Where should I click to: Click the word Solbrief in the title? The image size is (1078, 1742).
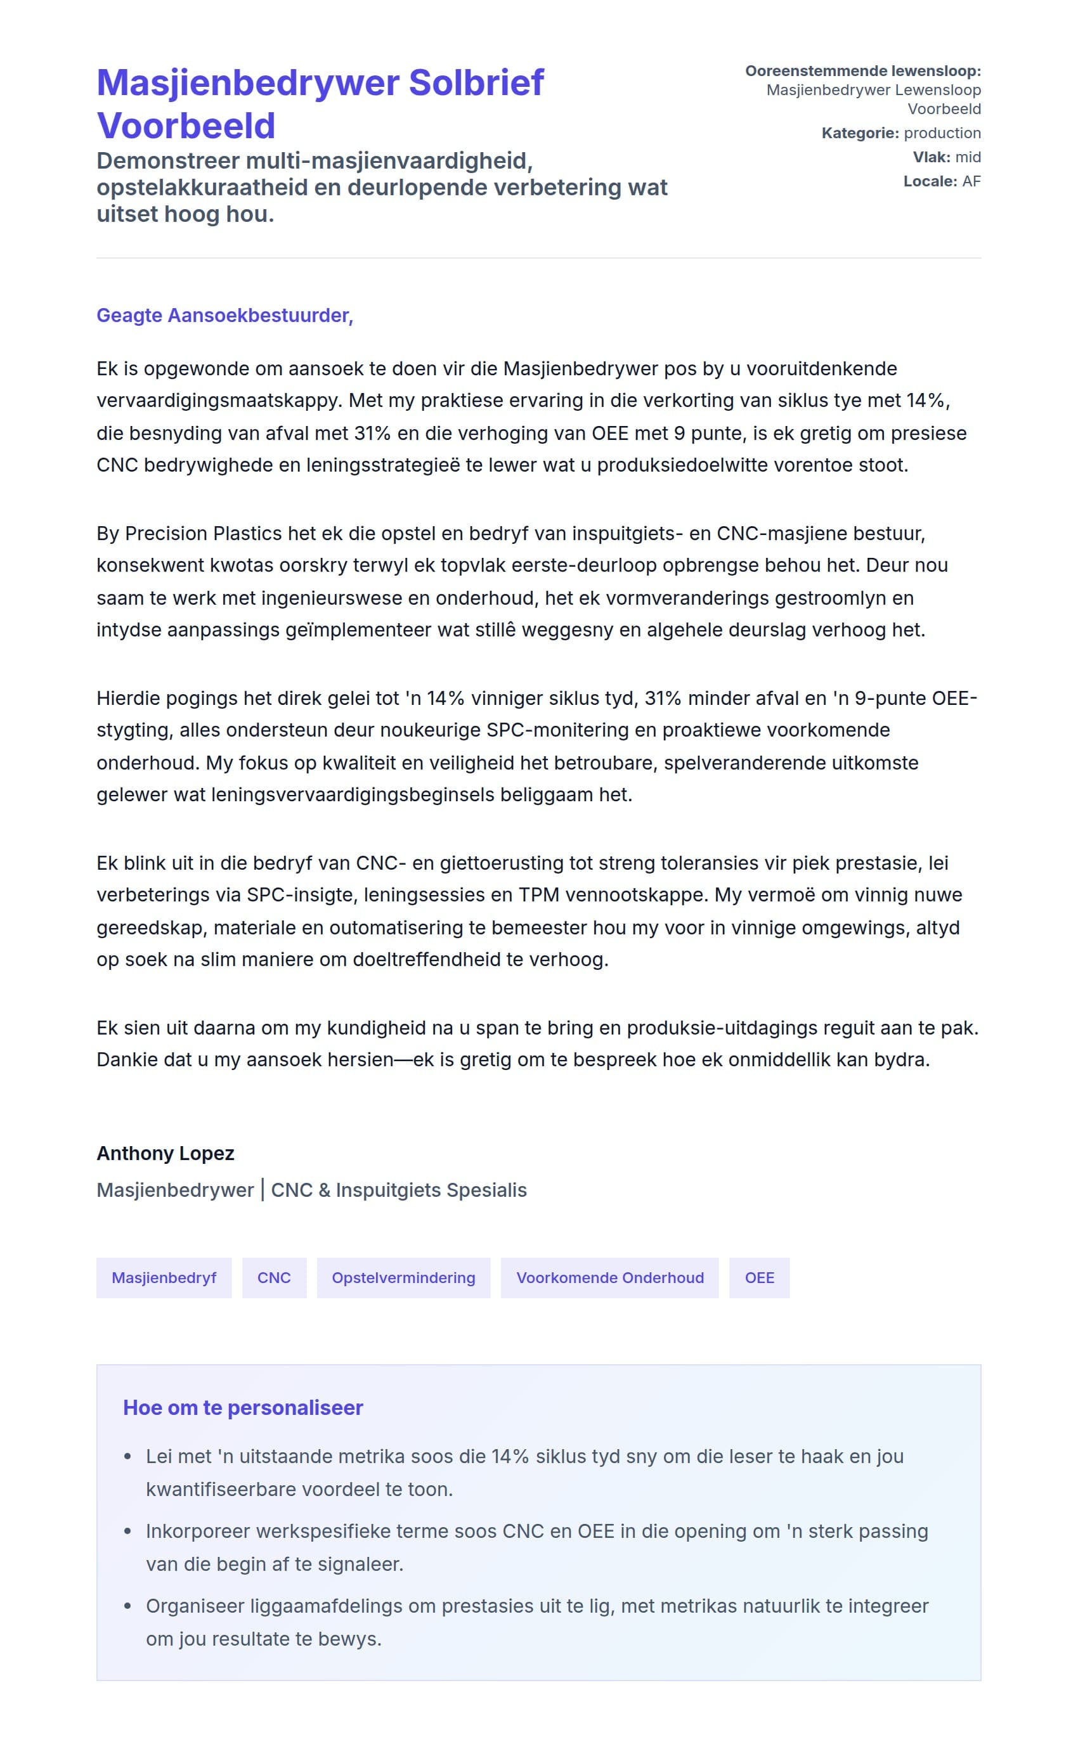(476, 82)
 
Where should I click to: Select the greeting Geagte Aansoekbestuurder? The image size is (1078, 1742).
(224, 315)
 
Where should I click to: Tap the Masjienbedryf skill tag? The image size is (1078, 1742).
(164, 1277)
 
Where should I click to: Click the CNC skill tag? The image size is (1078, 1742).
(274, 1277)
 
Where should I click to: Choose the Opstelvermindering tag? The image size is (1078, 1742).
(403, 1277)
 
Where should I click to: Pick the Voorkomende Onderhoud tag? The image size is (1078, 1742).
(609, 1277)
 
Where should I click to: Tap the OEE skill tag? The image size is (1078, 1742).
(758, 1277)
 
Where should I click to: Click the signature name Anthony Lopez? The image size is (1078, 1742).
(166, 1153)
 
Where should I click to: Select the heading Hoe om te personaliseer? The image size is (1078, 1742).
(243, 1407)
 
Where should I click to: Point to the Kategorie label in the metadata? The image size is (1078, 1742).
(860, 133)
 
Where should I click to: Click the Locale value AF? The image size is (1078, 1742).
(971, 181)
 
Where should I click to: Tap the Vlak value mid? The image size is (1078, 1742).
(968, 157)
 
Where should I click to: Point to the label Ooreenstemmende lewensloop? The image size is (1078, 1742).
(862, 71)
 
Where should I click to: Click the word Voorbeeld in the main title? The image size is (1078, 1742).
(186, 126)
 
